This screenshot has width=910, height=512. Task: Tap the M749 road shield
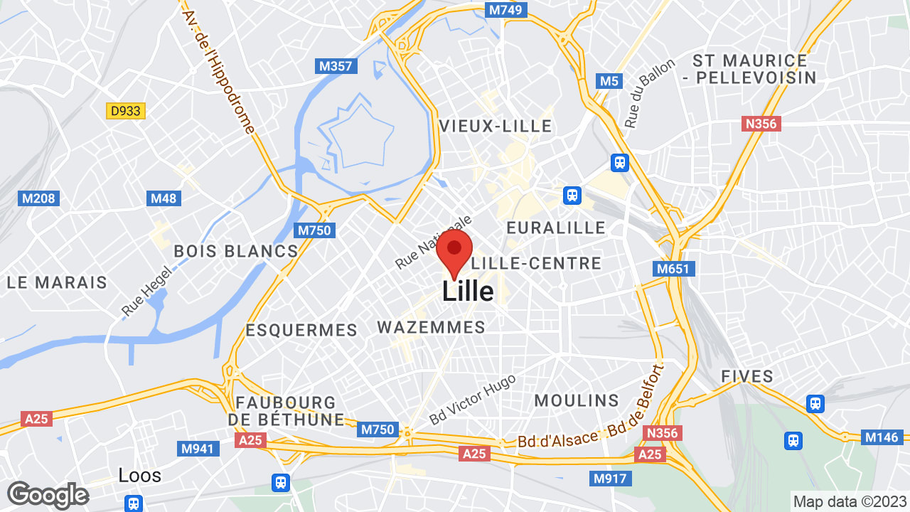[x=506, y=10]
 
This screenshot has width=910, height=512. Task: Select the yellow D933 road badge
[x=126, y=111]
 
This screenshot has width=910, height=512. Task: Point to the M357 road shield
[x=336, y=66]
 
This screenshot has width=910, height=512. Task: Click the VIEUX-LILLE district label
[x=496, y=127]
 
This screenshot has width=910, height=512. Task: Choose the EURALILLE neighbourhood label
[x=556, y=228]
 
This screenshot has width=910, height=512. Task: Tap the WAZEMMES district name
[x=431, y=328]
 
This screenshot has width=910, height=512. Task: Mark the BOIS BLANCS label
[x=236, y=251]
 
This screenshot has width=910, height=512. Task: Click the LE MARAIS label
[x=57, y=282]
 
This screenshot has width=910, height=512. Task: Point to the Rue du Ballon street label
[x=649, y=93]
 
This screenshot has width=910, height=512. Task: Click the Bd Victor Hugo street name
[x=473, y=398]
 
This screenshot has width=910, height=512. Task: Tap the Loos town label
[x=140, y=475]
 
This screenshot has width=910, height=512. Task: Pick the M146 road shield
[x=882, y=437]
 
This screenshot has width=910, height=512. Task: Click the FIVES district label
[x=747, y=377]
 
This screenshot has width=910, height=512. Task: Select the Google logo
[x=48, y=495]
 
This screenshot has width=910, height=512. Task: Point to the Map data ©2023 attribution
[x=850, y=501]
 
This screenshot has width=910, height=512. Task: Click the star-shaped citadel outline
[x=360, y=138]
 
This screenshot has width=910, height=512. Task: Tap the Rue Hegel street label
[x=147, y=291]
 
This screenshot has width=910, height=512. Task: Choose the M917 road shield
[x=610, y=479]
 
